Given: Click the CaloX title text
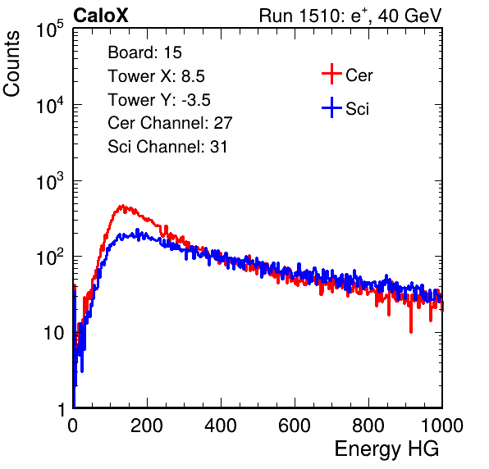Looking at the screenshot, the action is click(101, 16).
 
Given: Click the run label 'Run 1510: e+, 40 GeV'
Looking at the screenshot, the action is click(350, 16).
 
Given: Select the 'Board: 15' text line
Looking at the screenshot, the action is click(144, 52).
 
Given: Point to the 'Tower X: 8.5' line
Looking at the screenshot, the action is click(156, 76).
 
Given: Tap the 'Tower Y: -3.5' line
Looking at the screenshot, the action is click(159, 100).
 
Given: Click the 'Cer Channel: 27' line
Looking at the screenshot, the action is click(170, 123).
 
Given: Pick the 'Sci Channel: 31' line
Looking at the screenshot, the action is click(167, 147).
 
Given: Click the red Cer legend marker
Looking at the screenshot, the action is click(331, 74).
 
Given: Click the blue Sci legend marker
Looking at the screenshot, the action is click(331, 108).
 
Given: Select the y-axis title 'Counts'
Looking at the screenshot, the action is click(11, 64).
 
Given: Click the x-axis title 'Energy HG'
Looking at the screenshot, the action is click(386, 449).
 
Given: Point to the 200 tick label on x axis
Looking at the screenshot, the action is click(147, 426).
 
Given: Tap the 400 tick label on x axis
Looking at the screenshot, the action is click(221, 426).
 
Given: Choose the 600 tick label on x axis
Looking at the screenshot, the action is click(295, 426).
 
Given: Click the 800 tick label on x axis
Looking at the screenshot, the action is click(368, 426).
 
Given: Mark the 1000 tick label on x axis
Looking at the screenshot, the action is click(442, 426).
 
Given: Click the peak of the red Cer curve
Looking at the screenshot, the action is click(122, 206).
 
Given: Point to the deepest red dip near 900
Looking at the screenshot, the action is click(411, 331).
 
